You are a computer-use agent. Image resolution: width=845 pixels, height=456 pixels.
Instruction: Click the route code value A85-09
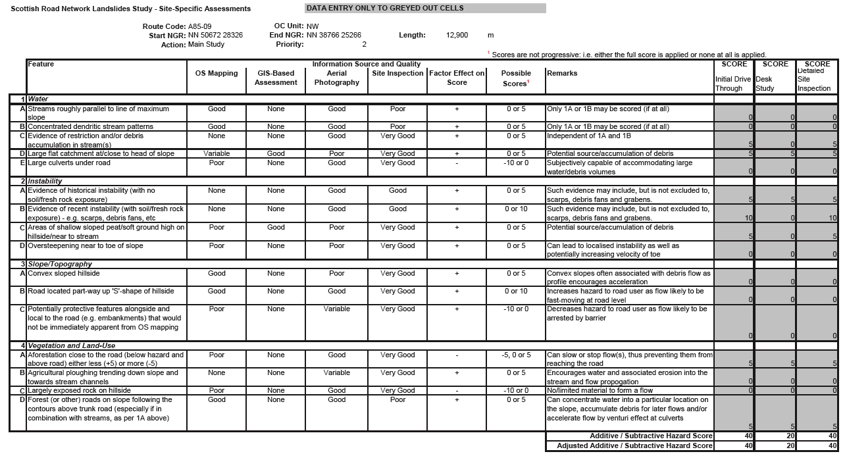click(199, 26)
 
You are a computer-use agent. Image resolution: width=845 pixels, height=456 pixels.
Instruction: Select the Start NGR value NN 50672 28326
click(215, 36)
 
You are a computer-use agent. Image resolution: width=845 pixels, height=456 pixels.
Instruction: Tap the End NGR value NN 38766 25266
click(334, 36)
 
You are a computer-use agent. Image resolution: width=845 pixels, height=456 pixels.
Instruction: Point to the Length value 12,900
click(457, 36)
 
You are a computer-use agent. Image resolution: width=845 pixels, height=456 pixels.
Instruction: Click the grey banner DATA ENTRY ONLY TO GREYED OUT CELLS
click(425, 9)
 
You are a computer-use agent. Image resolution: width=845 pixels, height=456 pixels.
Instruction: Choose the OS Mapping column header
click(217, 73)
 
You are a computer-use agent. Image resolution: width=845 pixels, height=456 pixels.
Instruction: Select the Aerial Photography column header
click(336, 78)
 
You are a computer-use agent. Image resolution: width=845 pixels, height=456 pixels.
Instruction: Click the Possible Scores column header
click(516, 78)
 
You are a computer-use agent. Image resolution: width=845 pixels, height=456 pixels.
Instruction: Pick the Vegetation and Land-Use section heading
click(71, 345)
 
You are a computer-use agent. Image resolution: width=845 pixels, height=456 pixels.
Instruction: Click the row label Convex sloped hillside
click(64, 273)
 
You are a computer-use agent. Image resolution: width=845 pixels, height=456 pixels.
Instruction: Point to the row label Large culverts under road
click(69, 163)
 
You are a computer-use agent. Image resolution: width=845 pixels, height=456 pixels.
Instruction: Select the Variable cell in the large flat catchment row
click(217, 153)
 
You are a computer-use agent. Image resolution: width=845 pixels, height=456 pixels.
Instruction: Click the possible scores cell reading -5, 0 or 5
click(516, 355)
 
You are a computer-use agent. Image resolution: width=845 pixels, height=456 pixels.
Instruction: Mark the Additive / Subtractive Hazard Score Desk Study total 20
click(775, 436)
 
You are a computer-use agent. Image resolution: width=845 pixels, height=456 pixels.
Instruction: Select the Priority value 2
click(364, 45)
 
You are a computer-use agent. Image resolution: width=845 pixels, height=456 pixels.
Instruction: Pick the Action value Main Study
click(206, 45)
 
